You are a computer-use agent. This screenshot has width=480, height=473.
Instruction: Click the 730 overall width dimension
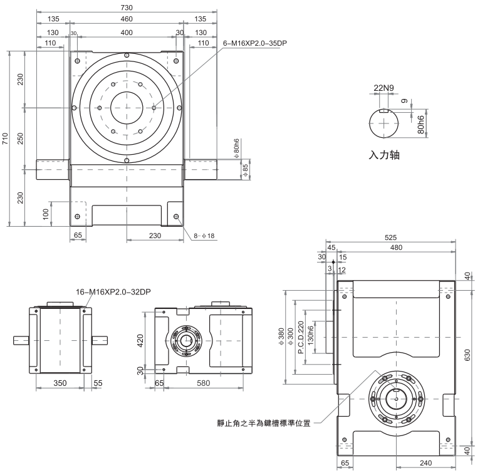(x=127, y=7)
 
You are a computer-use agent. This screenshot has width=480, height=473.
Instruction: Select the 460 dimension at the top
(x=127, y=19)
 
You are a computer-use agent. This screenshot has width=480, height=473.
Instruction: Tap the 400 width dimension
(x=127, y=31)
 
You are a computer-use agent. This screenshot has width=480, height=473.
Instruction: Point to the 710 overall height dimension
(x=5, y=138)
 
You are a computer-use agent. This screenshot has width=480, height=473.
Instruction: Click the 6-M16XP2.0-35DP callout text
(x=259, y=43)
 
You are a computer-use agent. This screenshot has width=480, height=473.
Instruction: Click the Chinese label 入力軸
(x=384, y=155)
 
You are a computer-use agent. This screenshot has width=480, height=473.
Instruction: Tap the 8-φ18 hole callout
(x=204, y=236)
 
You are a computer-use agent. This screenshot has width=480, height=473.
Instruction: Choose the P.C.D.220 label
(x=301, y=338)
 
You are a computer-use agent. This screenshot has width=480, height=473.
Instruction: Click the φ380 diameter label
(x=280, y=338)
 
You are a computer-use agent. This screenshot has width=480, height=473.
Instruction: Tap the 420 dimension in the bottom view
(x=142, y=340)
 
